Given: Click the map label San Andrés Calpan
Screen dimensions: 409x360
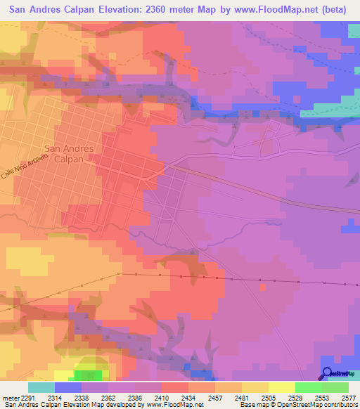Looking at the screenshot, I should pos(69,153).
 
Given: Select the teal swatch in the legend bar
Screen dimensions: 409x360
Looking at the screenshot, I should pos(41,387).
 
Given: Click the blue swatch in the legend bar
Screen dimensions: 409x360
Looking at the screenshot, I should pos(68,387).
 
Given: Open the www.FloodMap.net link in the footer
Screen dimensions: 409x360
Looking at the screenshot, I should pos(171,404).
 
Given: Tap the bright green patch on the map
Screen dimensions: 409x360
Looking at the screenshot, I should pos(88,375).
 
